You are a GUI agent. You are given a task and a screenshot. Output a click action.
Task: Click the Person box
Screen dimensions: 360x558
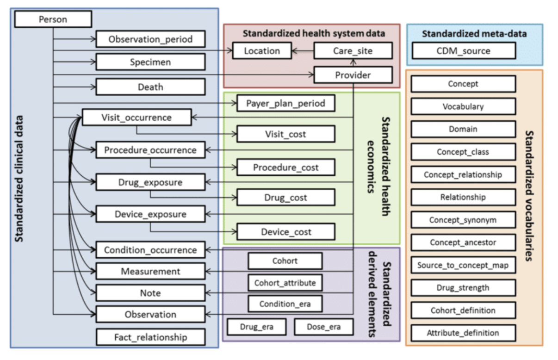coord(53,19)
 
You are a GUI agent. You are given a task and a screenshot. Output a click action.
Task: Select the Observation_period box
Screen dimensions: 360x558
coord(150,39)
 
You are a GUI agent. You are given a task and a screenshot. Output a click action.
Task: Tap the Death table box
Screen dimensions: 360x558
coord(150,87)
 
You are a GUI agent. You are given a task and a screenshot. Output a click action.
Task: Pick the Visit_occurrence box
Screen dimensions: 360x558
coord(136,118)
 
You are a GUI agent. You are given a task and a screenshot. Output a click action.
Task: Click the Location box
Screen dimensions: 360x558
coord(262,51)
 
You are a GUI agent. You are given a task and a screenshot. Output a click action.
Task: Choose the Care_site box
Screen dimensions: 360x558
coord(353,51)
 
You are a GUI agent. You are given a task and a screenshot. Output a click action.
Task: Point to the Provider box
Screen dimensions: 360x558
coord(353,75)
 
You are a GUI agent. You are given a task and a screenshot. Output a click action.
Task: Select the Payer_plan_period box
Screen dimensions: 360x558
coord(285,104)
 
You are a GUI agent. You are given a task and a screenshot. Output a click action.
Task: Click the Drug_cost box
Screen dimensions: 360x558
coord(285,198)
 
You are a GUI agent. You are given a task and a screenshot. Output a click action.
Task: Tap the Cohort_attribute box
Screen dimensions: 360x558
coord(285,282)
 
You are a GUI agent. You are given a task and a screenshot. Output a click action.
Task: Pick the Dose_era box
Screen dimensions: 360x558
coord(323,327)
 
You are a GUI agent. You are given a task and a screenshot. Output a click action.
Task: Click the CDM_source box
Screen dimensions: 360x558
coord(463,51)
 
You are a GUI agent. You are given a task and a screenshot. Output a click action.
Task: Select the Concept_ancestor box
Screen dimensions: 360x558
coord(463,242)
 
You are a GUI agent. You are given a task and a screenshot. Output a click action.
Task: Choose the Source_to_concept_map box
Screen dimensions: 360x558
coord(463,265)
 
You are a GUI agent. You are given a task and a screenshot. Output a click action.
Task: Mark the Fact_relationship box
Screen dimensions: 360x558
coord(150,337)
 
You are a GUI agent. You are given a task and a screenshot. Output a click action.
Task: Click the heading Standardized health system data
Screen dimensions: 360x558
coord(314,33)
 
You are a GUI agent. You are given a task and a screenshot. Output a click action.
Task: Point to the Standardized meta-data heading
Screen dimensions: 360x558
coord(474,33)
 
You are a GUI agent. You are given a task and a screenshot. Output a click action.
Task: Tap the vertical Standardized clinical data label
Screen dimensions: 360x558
coord(20,178)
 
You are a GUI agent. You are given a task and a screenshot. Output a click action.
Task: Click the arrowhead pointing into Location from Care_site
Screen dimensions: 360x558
coord(295,51)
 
